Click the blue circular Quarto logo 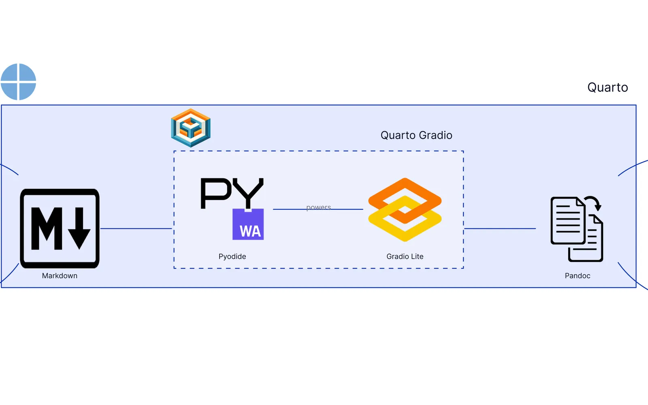tap(18, 81)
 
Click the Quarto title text tap(607, 87)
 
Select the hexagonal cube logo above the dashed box tap(191, 128)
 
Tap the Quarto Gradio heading tap(416, 135)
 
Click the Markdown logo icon tap(60, 228)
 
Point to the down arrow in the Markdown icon tap(79, 228)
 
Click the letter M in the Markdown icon tap(47, 228)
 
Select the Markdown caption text tap(60, 276)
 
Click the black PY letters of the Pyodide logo tap(232, 193)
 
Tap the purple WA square tap(248, 224)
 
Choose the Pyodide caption tap(232, 257)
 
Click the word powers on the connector tap(318, 207)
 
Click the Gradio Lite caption tap(405, 257)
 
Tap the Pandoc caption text tap(578, 276)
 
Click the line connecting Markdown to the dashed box tap(136, 228)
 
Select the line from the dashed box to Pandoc tap(500, 228)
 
